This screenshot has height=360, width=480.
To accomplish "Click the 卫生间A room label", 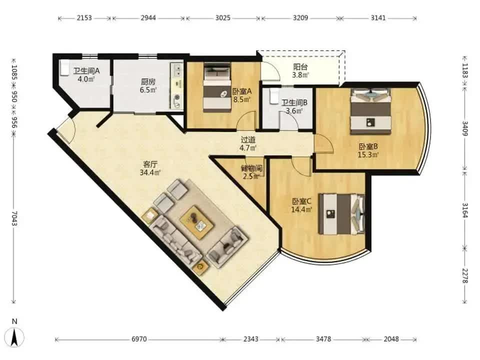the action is click(x=86, y=71).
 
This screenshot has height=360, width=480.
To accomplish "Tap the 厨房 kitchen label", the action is click(x=148, y=81).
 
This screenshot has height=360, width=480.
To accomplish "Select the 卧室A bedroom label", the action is click(x=242, y=91).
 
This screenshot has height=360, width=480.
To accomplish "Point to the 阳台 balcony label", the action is click(x=300, y=66).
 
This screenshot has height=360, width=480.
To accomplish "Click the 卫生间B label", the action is click(x=294, y=102).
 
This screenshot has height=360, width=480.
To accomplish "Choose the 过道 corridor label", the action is click(x=248, y=140).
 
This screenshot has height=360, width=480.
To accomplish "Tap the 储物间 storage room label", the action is click(x=251, y=168).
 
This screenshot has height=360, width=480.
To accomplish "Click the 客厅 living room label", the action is click(x=150, y=164).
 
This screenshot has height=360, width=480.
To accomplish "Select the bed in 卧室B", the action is click(x=371, y=111).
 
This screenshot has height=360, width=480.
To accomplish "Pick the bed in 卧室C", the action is click(x=341, y=213).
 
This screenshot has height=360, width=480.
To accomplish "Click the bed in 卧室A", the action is click(x=217, y=87).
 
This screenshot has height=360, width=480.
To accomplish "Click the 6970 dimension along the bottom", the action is click(x=139, y=339).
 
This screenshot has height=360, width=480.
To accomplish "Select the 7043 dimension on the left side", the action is click(x=14, y=218).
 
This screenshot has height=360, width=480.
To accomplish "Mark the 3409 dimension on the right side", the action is click(x=464, y=129).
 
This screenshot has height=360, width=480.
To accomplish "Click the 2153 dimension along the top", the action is click(x=84, y=18).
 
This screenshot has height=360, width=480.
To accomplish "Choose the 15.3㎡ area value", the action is click(x=368, y=155).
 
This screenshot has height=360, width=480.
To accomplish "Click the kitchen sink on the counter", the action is click(x=176, y=70).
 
